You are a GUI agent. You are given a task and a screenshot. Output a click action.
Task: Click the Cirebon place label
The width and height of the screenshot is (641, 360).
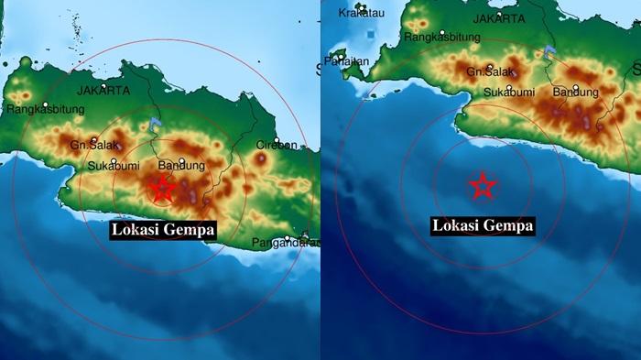click(x=277, y=144)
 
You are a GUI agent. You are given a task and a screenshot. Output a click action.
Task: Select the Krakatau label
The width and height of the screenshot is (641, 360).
click(x=360, y=13)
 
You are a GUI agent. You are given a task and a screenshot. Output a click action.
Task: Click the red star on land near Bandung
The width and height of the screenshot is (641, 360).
click(x=162, y=189)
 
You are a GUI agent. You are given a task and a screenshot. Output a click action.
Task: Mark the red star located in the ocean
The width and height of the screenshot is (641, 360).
click(x=483, y=186)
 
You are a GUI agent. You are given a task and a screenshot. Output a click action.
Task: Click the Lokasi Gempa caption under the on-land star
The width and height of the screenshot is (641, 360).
click(x=163, y=229)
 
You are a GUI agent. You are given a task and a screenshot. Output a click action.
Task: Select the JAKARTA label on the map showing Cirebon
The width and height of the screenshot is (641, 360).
click(x=103, y=91)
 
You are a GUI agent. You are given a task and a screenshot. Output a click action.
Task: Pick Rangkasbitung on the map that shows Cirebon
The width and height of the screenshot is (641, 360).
click(x=45, y=109)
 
